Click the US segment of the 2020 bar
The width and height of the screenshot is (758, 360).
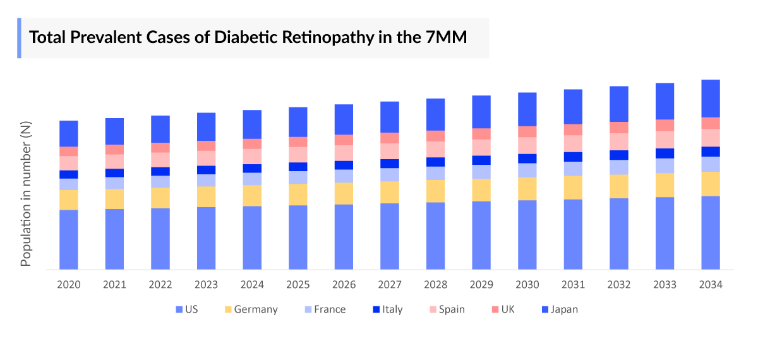(69, 239)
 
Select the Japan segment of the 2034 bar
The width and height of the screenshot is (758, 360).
(711, 99)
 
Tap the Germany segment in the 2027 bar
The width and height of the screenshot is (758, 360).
(390, 192)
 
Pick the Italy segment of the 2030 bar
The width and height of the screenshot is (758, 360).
(527, 159)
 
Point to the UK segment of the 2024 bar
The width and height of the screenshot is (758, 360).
(252, 143)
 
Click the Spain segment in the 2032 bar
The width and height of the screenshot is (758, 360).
(619, 141)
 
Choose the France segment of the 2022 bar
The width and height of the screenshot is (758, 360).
(160, 182)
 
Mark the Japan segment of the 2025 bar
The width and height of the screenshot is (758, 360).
(298, 122)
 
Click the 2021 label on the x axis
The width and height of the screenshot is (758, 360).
(114, 285)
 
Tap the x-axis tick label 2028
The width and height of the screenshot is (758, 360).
(435, 285)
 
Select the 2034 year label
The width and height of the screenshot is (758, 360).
(711, 285)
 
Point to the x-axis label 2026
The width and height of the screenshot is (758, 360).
(344, 285)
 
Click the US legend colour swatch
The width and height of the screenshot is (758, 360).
(179, 309)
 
